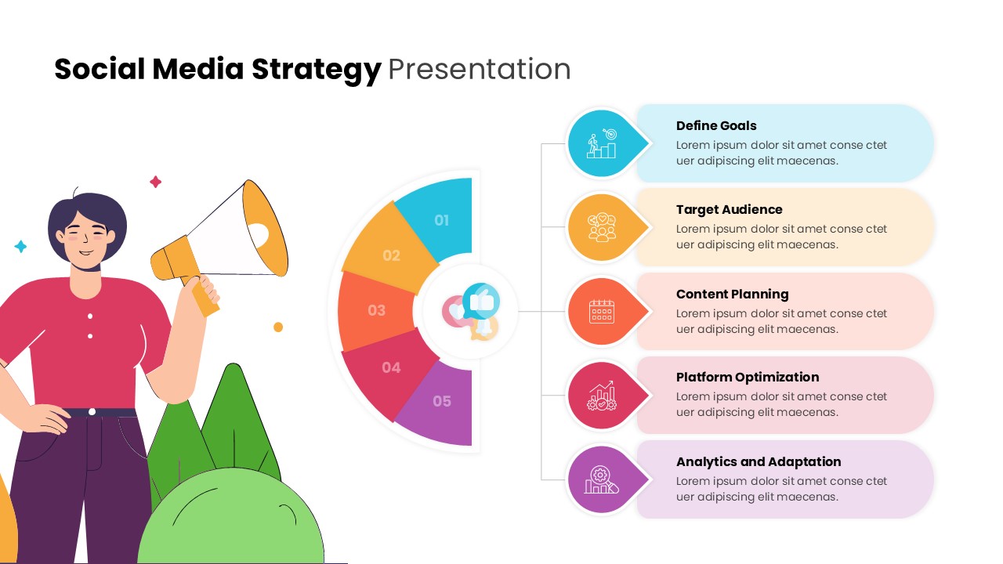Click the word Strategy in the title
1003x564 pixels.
316,70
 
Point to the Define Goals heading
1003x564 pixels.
716,125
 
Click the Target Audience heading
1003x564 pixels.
729,209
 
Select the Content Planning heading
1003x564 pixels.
732,294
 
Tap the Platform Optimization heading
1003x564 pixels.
747,377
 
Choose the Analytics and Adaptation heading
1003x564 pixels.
758,461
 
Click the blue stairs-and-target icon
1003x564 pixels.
602,144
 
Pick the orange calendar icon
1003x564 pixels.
601,311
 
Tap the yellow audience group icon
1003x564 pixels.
602,227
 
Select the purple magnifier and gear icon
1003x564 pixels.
601,479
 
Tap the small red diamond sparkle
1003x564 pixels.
155,182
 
